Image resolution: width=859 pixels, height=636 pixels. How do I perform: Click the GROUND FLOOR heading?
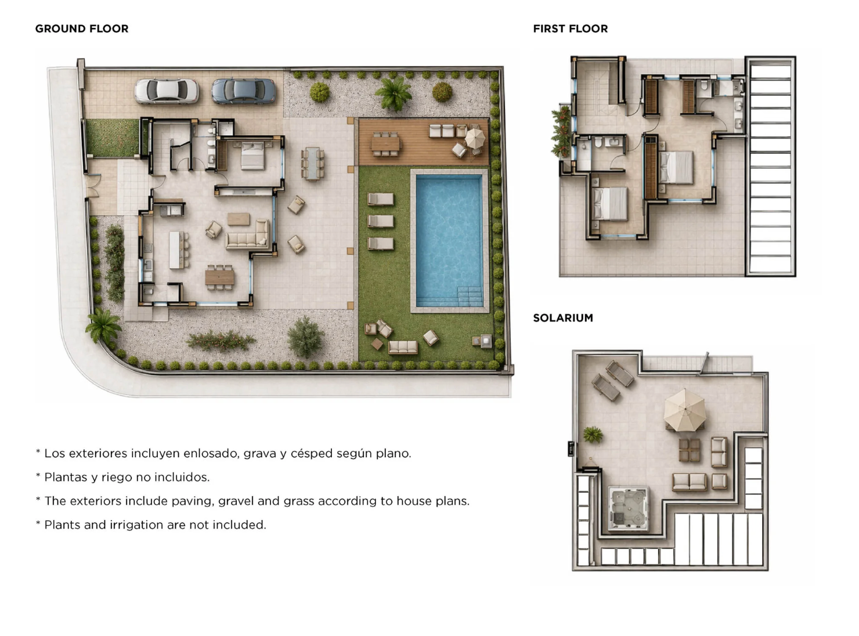click(x=81, y=28)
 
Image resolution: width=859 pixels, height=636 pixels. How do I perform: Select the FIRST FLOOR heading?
click(x=570, y=28)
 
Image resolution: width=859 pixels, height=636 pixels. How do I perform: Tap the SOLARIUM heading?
click(x=563, y=318)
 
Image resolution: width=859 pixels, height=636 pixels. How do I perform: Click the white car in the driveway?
click(x=167, y=92)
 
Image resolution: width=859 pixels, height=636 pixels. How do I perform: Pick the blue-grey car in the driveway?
click(x=243, y=92)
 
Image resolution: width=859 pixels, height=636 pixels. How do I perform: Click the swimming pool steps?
click(x=470, y=297)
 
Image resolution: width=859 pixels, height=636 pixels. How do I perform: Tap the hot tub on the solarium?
click(x=628, y=508)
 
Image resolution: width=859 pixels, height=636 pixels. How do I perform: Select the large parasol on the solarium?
click(x=685, y=410)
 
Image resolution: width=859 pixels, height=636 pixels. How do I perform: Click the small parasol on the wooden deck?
click(x=475, y=138)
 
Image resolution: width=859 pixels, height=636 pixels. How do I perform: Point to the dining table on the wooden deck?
click(x=385, y=144)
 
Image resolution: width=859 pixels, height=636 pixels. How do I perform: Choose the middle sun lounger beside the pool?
click(x=380, y=221)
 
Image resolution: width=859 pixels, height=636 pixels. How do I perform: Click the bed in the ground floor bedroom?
click(x=253, y=156)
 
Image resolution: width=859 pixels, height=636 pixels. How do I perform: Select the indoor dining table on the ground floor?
click(x=219, y=277)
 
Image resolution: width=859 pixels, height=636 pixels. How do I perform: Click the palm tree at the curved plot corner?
click(x=103, y=326)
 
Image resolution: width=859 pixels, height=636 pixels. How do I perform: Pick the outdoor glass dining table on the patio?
click(x=312, y=164)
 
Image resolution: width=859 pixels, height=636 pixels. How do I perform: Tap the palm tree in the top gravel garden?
click(x=394, y=93)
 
